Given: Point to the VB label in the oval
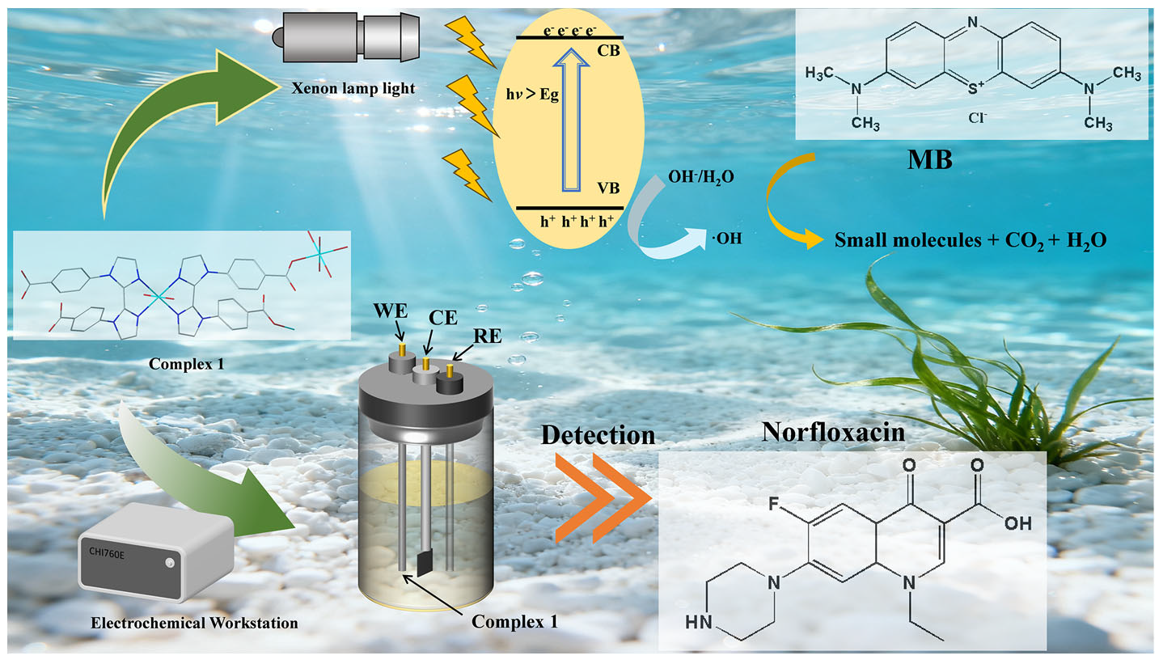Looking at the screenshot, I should click(608, 188).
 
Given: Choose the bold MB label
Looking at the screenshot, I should click(930, 159).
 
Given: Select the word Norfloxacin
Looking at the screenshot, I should click(834, 434).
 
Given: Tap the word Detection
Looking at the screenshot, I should click(598, 434).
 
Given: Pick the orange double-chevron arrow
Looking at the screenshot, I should click(603, 496).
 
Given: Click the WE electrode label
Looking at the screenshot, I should click(388, 310).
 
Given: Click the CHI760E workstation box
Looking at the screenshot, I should click(154, 558).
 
